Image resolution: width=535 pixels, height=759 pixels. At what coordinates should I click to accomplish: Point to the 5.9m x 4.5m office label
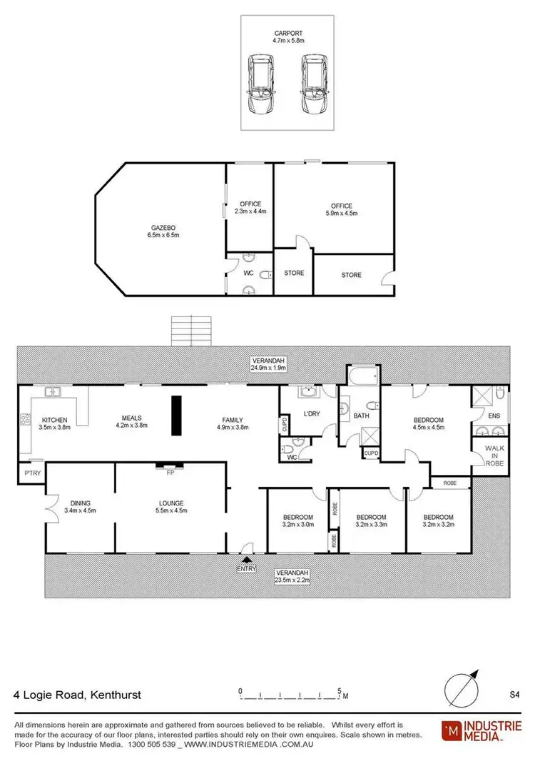point(341,209)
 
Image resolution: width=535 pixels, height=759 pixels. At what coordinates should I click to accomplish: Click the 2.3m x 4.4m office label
point(250,208)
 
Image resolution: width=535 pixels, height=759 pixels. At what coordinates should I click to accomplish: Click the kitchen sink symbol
point(52,392)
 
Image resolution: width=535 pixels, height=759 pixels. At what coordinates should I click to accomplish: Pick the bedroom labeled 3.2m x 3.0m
point(297,521)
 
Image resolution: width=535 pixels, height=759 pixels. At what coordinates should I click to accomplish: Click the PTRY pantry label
point(31,473)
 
